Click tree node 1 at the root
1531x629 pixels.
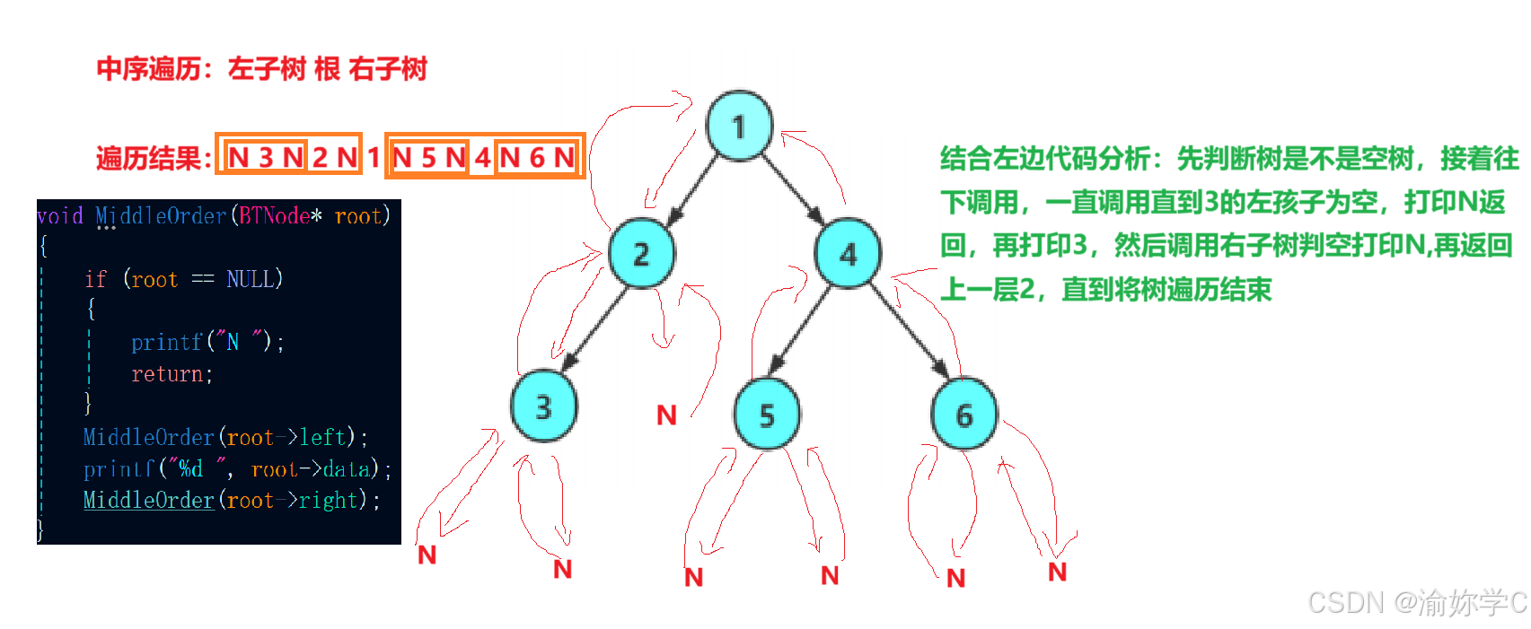pyautogui.click(x=739, y=127)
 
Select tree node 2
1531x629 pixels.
pyautogui.click(x=641, y=254)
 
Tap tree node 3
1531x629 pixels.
pyautogui.click(x=543, y=406)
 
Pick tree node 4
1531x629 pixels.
pyautogui.click(x=848, y=254)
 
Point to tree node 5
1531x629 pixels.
pyautogui.click(x=766, y=415)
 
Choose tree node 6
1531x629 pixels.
pyautogui.click(x=963, y=415)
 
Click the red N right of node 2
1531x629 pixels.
pyautogui.click(x=666, y=415)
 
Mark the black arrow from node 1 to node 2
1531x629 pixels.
pyautogui.click(x=692, y=189)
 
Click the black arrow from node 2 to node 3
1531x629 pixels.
pyautogui.click(x=594, y=329)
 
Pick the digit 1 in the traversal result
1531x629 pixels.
pyautogui.click(x=374, y=158)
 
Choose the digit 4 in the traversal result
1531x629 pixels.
pyautogui.click(x=482, y=158)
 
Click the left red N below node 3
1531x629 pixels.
pyautogui.click(x=427, y=555)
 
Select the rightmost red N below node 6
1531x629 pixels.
pyautogui.click(x=1058, y=572)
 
